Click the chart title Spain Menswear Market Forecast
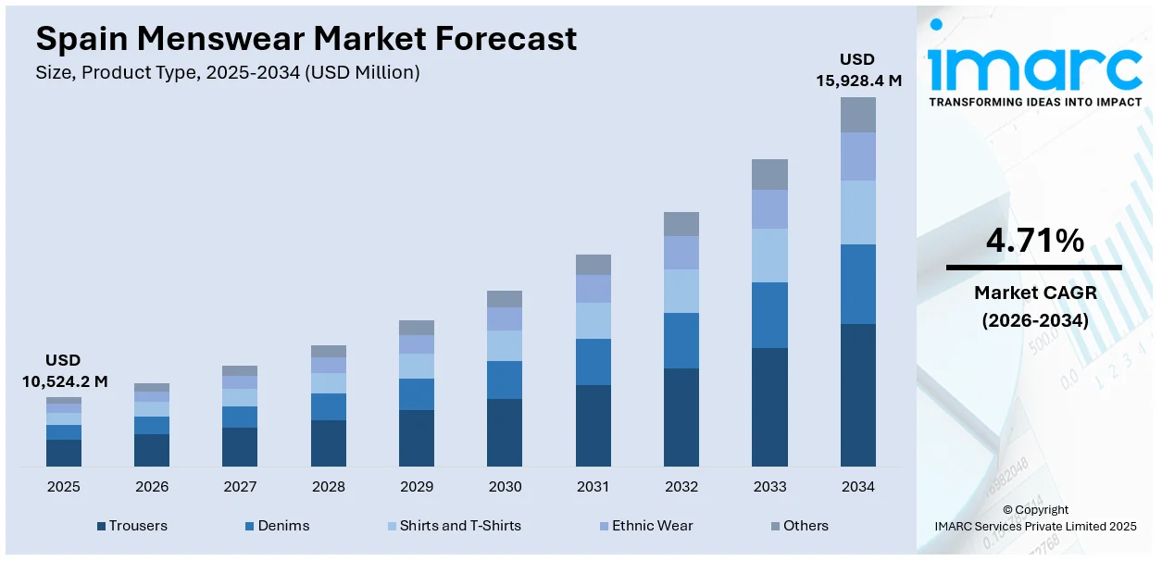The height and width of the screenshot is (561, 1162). coord(306,39)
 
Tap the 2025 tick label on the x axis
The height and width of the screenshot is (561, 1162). coord(64,486)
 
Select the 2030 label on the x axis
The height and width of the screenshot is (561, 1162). coord(505,486)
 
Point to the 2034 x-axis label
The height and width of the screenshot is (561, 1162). coord(857,486)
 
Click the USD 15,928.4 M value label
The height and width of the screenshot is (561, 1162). coord(857,70)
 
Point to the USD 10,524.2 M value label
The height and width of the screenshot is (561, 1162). coord(64,370)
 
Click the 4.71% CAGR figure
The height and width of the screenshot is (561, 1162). coord(1034,242)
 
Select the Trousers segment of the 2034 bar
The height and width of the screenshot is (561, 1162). coord(858,395)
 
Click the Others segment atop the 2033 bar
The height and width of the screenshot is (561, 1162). coord(769,174)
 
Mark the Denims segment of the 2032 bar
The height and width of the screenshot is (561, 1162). coord(681,341)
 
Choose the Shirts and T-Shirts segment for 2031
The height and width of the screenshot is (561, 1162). coord(593,320)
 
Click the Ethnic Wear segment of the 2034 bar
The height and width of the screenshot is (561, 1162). coord(858,156)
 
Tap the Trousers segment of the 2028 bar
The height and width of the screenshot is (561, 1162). coord(329,443)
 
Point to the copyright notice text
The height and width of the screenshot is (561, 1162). coord(1034,518)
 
